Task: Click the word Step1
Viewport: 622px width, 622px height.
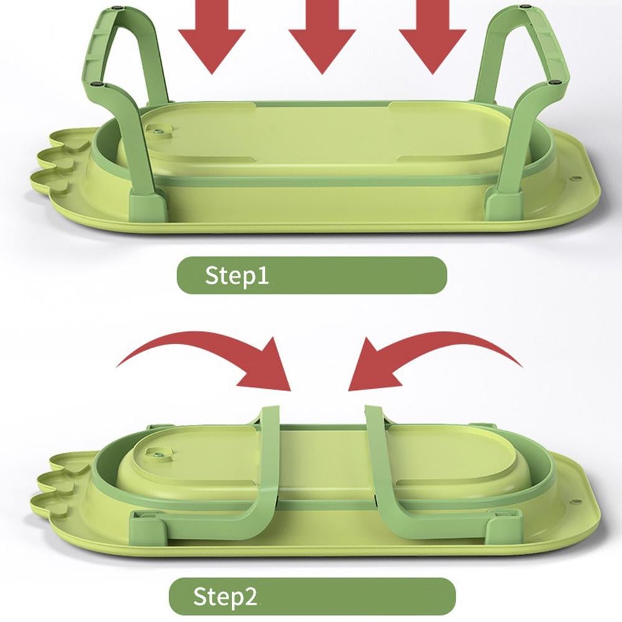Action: (237, 276)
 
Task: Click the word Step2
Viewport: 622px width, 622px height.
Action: (225, 596)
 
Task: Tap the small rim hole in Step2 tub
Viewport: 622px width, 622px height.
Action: (577, 501)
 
